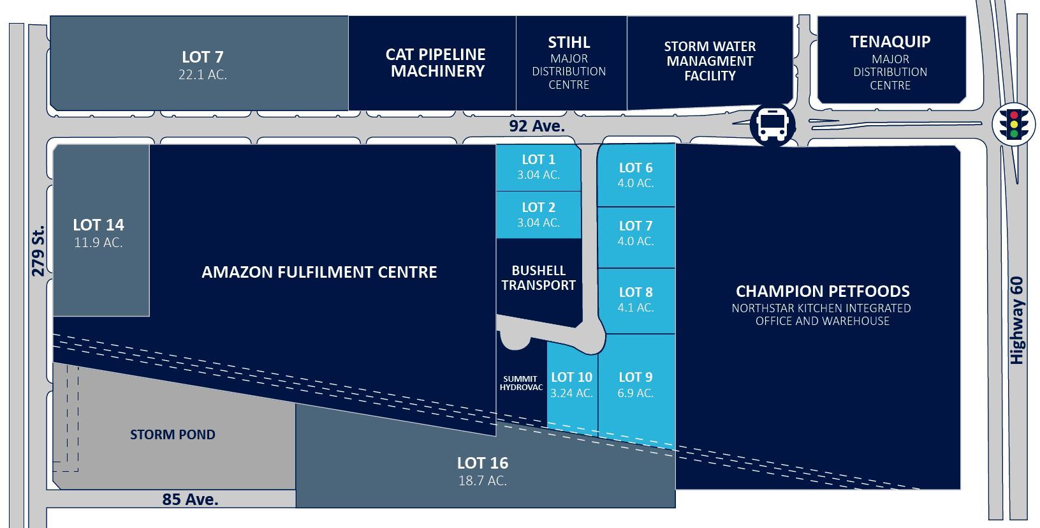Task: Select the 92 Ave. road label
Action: click(537, 126)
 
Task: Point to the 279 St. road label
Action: click(38, 250)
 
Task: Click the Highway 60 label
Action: click(1017, 320)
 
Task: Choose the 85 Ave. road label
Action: click(190, 499)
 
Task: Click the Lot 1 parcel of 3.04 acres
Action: click(538, 167)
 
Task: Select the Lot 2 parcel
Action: click(538, 215)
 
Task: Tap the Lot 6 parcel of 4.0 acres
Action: click(636, 175)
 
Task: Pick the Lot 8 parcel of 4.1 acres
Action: click(636, 299)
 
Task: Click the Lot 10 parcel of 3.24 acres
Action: click(571, 385)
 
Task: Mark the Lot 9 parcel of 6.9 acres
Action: click(636, 385)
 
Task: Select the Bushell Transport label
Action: click(539, 278)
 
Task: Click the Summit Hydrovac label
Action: click(521, 383)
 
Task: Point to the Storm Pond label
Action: click(173, 435)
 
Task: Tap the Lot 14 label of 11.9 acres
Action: click(98, 232)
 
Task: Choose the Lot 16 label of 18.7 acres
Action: click(483, 471)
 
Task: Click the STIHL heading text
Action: click(569, 43)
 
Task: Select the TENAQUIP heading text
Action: click(890, 41)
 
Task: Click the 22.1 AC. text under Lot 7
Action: click(203, 75)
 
